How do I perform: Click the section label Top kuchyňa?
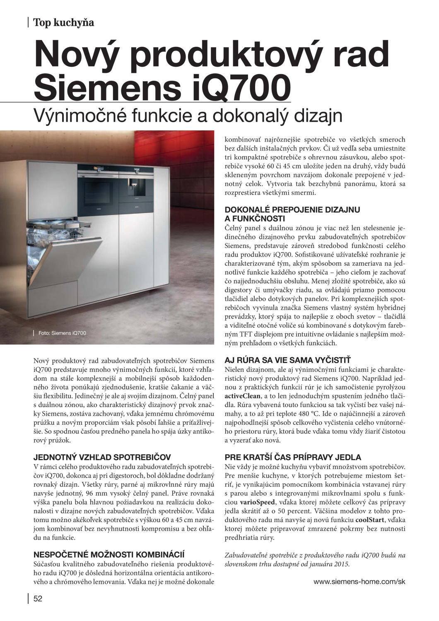63,22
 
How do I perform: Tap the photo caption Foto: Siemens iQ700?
62,333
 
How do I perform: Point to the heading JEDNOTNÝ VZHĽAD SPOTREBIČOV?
102,457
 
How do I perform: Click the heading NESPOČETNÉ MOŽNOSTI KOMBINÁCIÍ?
109,554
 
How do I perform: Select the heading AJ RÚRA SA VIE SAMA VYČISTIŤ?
287,360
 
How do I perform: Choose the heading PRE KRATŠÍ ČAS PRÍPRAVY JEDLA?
293,457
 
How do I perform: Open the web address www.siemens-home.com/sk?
359,581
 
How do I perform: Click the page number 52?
38,599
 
